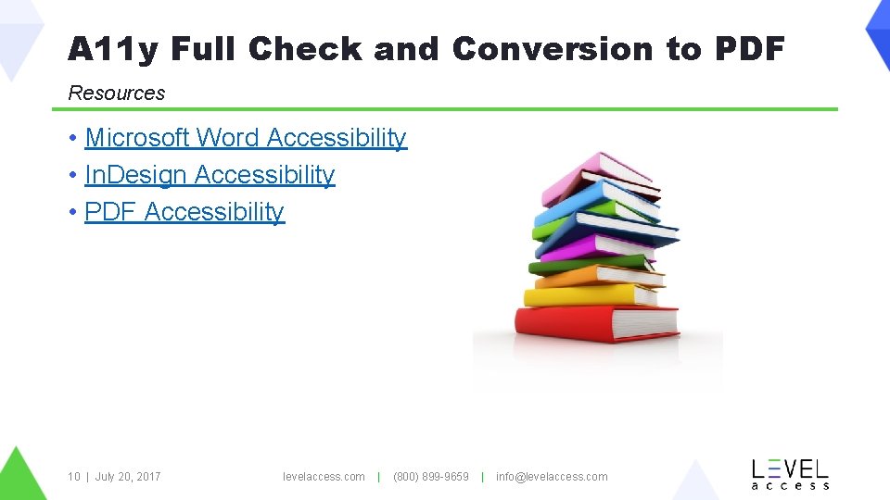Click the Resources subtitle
(x=117, y=93)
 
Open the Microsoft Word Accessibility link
(x=246, y=138)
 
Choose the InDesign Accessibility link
(x=210, y=175)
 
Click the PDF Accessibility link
(x=184, y=212)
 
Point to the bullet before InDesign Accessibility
(x=73, y=176)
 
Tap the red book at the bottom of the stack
(x=593, y=324)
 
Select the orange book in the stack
(x=593, y=276)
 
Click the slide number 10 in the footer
(x=73, y=477)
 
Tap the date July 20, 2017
(x=128, y=477)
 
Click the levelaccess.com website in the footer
(x=324, y=477)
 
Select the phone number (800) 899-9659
(x=431, y=477)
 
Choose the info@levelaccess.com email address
(x=552, y=477)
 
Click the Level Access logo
(x=790, y=473)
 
